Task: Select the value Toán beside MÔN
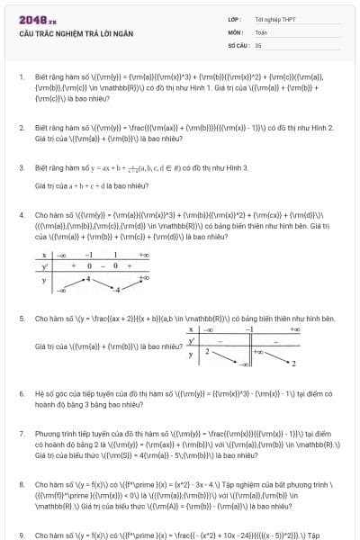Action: (261, 31)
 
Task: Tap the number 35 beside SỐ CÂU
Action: (258, 43)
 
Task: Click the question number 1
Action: (21, 77)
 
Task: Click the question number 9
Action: (21, 535)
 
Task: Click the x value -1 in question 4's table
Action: (89, 255)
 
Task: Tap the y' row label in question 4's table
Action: (44, 266)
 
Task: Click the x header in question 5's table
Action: (192, 330)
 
